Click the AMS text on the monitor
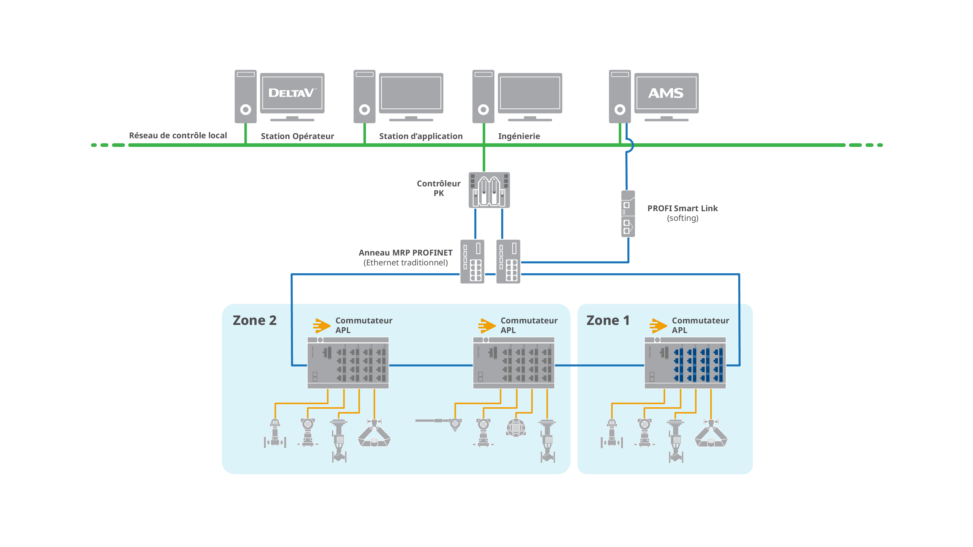pos(666,93)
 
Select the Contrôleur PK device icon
pos(489,190)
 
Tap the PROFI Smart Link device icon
pos(628,214)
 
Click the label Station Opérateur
pos(297,136)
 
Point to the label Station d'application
pos(421,136)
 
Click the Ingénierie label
pos(519,136)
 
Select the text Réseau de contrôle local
pos(178,135)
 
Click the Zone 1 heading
pos(608,321)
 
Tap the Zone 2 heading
pos(255,321)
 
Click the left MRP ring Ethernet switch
pos(472,262)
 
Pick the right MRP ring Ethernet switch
pos(508,262)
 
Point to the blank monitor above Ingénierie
pos(530,93)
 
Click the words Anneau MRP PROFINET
pos(405,252)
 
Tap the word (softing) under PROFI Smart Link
pos(683,218)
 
